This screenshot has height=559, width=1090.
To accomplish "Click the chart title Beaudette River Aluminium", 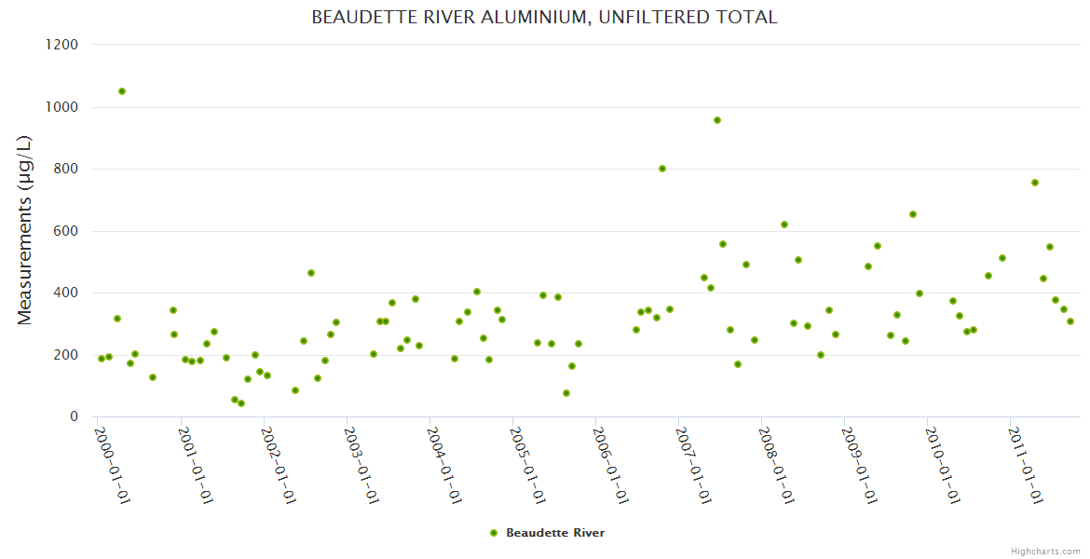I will pos(544,18).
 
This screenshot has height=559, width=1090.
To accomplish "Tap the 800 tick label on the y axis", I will pos(65,169).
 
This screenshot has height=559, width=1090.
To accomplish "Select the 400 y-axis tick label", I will pos(65,293).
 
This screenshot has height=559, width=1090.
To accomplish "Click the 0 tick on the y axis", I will pos(73,416).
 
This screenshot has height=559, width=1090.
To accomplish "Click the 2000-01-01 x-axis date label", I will pos(112,465).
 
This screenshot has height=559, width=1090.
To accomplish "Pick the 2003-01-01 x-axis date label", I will pos(361,465).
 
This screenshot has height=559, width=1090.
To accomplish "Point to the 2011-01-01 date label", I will pos(1025,465).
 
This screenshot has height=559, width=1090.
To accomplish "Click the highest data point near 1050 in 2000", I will pos(122,91).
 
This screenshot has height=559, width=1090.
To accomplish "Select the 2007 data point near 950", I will pos(717,120).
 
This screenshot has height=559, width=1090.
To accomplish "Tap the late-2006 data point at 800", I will pos(662,169).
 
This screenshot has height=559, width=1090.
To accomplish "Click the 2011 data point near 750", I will pos(1035,183).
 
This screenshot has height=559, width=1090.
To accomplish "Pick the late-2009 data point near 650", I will pos(913,214).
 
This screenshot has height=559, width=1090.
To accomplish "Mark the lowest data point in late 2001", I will pos(241,403).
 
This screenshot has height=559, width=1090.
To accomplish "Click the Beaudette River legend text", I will pos(555,533).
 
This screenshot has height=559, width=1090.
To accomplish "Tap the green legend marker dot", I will pos(494,533).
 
